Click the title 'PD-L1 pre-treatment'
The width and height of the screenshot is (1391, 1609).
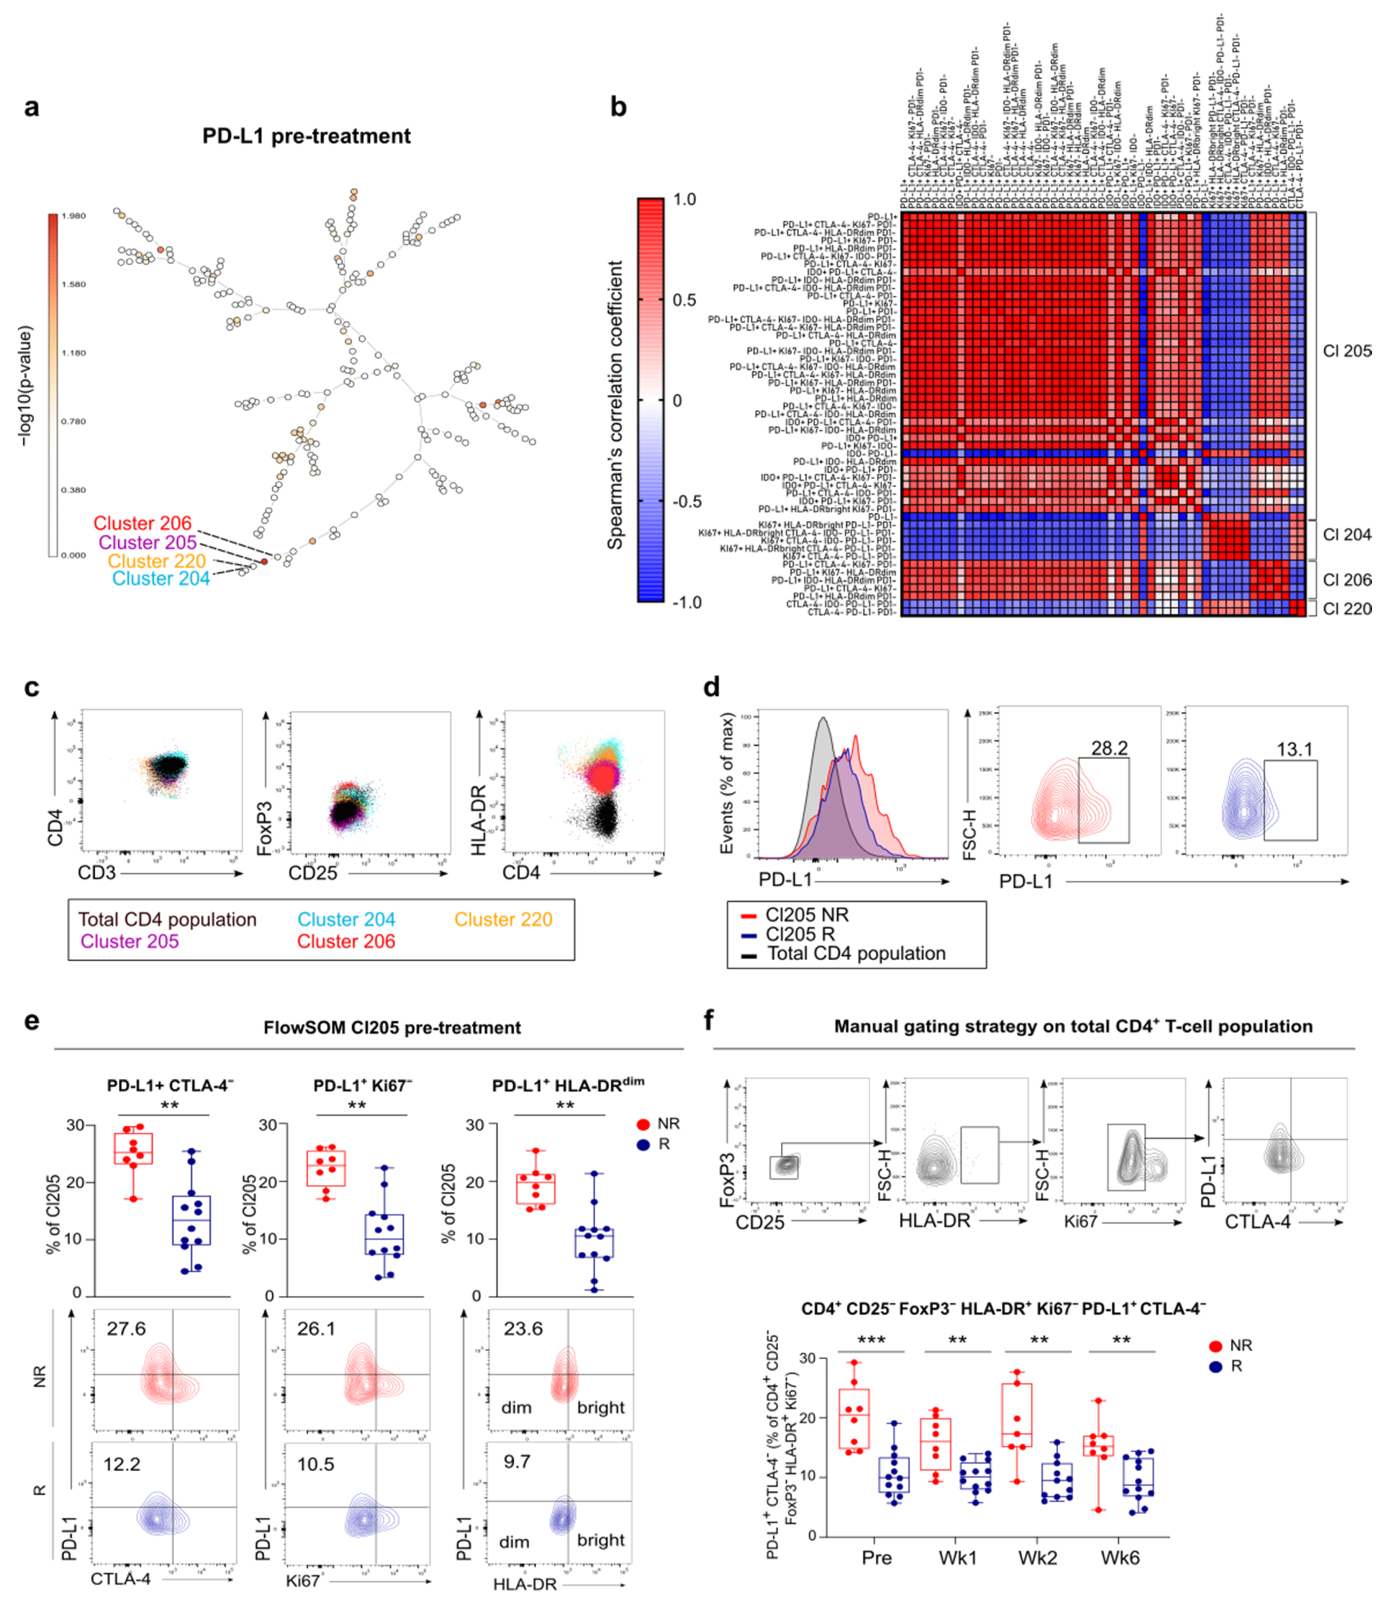click(x=307, y=136)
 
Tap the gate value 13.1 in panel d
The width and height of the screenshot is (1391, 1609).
click(x=1294, y=749)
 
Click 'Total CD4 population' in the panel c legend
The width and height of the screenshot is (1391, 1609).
click(x=167, y=920)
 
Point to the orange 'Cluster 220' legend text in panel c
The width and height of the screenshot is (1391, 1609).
click(x=503, y=920)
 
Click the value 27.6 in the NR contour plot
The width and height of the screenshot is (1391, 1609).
click(x=126, y=1328)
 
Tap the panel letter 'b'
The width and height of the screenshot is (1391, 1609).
click(x=618, y=106)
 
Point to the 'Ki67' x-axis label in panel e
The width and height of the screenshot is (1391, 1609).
click(x=303, y=1580)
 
